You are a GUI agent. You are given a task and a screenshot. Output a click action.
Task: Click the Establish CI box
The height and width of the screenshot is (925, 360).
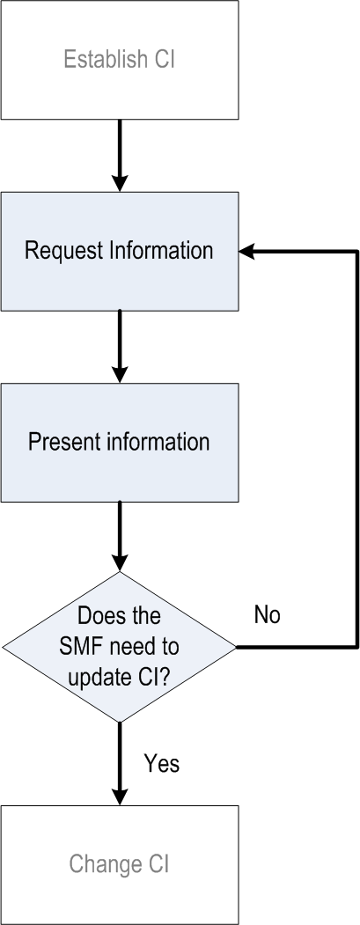coord(120,60)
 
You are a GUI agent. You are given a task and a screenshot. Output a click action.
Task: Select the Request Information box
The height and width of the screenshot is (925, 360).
coord(120,252)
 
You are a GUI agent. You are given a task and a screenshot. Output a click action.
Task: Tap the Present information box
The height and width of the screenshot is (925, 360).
coord(120,443)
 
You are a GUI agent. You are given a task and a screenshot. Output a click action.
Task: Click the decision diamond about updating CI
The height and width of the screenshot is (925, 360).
coord(120,647)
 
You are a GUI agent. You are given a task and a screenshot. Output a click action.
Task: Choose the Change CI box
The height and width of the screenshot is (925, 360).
coord(120,865)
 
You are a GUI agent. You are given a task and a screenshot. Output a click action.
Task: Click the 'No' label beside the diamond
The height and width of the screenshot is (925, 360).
coord(267,614)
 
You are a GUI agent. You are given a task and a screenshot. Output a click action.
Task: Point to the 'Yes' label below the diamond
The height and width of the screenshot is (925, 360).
coord(162,763)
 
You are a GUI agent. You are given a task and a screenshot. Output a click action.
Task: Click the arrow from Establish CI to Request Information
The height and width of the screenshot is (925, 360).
coord(120,156)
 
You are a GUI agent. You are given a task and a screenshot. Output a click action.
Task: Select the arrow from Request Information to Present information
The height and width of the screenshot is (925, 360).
coord(120,347)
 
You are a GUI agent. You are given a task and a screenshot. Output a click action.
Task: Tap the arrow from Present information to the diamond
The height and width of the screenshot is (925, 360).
coord(120,537)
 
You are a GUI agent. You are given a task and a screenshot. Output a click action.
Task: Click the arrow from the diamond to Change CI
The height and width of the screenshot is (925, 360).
coord(120,764)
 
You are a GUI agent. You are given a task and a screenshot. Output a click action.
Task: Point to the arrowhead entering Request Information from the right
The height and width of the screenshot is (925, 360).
coord(246,252)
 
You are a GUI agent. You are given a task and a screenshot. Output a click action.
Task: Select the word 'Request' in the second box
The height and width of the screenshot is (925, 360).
coord(63,252)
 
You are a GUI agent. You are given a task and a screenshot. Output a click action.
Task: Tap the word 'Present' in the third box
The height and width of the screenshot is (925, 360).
coord(62,443)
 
